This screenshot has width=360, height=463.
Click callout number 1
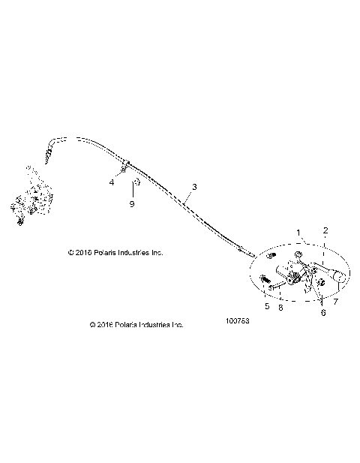(299, 233)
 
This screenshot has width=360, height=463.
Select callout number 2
(325, 230)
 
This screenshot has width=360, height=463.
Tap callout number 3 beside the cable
(194, 186)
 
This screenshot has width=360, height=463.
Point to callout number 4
(112, 181)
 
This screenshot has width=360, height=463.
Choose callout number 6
(323, 313)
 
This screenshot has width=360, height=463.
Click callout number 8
(280, 306)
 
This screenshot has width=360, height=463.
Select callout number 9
(133, 203)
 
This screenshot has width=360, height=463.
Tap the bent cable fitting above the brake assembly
(52, 147)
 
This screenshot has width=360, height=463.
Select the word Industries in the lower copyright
(156, 325)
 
